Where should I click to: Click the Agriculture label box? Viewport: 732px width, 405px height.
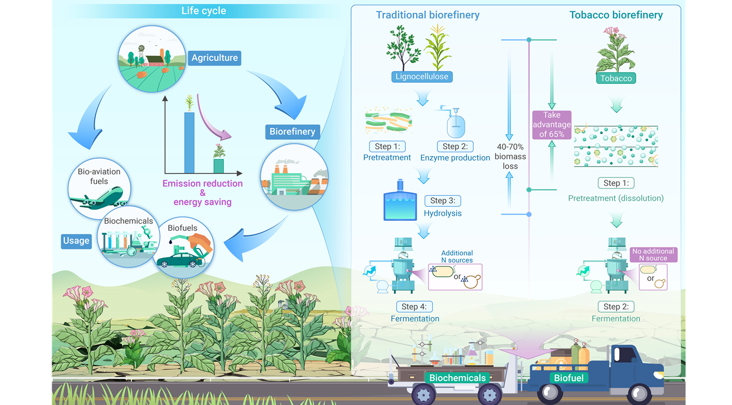[x=214, y=58]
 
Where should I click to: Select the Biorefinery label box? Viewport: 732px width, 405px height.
[x=292, y=131]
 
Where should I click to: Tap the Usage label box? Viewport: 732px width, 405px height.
[x=76, y=240]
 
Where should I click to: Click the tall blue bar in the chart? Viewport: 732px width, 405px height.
[x=189, y=142]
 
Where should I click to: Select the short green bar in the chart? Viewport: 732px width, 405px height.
[x=218, y=166]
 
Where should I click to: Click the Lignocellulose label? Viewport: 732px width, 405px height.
[x=422, y=77]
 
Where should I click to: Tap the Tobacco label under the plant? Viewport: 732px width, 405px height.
[x=615, y=78]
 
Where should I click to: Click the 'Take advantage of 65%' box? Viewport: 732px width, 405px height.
[x=551, y=125]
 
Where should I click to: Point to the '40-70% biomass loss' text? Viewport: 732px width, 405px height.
[x=510, y=157]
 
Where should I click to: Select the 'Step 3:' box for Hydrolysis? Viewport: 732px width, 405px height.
[x=442, y=200]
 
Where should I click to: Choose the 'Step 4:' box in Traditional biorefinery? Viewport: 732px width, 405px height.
[x=414, y=306]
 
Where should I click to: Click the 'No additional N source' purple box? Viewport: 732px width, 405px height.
[x=653, y=255]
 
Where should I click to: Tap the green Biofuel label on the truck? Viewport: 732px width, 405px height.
[x=569, y=378]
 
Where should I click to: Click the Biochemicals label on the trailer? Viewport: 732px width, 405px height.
[x=457, y=378]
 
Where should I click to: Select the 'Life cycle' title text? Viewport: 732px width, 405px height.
[x=204, y=11]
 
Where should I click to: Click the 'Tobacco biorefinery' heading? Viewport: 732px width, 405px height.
[x=616, y=15]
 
